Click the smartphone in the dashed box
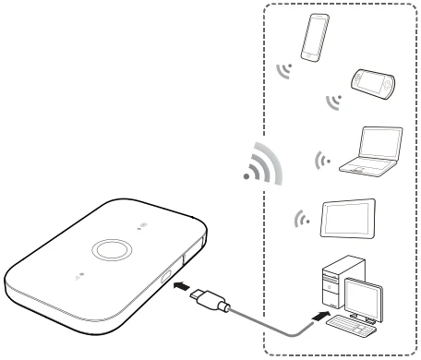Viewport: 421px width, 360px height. coord(314,37)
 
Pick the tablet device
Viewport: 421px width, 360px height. coord(348,218)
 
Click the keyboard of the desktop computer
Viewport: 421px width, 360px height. coord(351,329)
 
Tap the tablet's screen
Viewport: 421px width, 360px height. coord(348,218)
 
